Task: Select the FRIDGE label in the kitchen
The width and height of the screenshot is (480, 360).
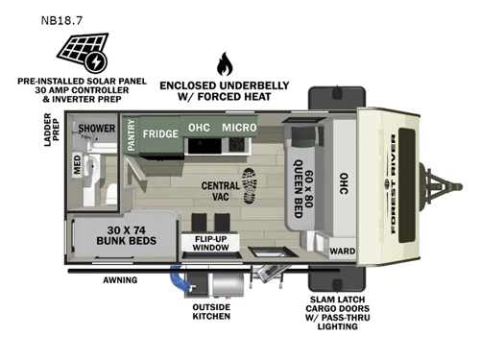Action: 161,133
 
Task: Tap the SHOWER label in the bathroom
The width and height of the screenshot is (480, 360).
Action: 97,128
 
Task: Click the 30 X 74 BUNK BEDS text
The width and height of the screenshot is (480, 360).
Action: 126,236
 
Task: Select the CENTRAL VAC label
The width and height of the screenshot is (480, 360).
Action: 220,189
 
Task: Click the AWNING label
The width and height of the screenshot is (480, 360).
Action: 120,280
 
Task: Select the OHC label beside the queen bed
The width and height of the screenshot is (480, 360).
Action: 342,183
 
